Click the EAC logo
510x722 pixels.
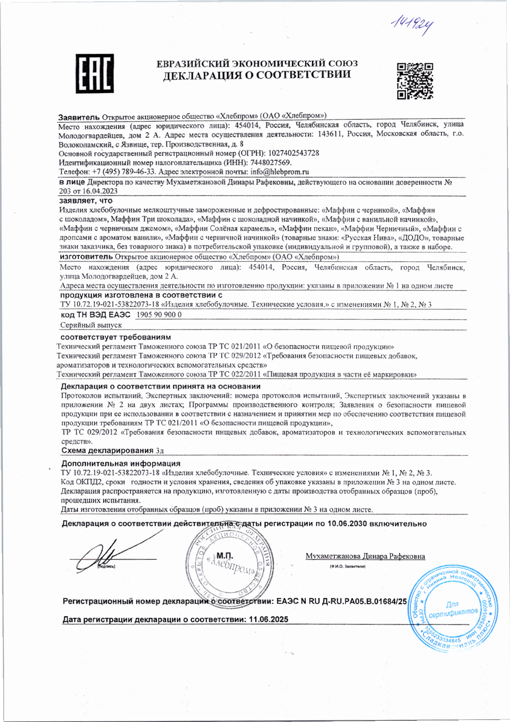click(94, 74)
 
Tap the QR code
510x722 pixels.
click(415, 81)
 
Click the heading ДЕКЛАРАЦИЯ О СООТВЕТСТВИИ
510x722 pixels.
click(257, 75)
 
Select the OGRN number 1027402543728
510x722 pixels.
click(293, 153)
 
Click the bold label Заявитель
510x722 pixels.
click(79, 116)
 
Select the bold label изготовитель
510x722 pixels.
click(86, 257)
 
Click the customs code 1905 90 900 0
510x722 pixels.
click(158, 314)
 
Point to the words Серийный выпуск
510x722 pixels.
click(91, 325)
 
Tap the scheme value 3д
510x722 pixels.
click(160, 450)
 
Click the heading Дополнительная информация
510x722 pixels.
click(121, 464)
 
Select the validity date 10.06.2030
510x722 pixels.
click(347, 524)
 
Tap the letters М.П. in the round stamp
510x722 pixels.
click(224, 556)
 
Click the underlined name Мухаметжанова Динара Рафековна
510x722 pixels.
click(365, 556)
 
